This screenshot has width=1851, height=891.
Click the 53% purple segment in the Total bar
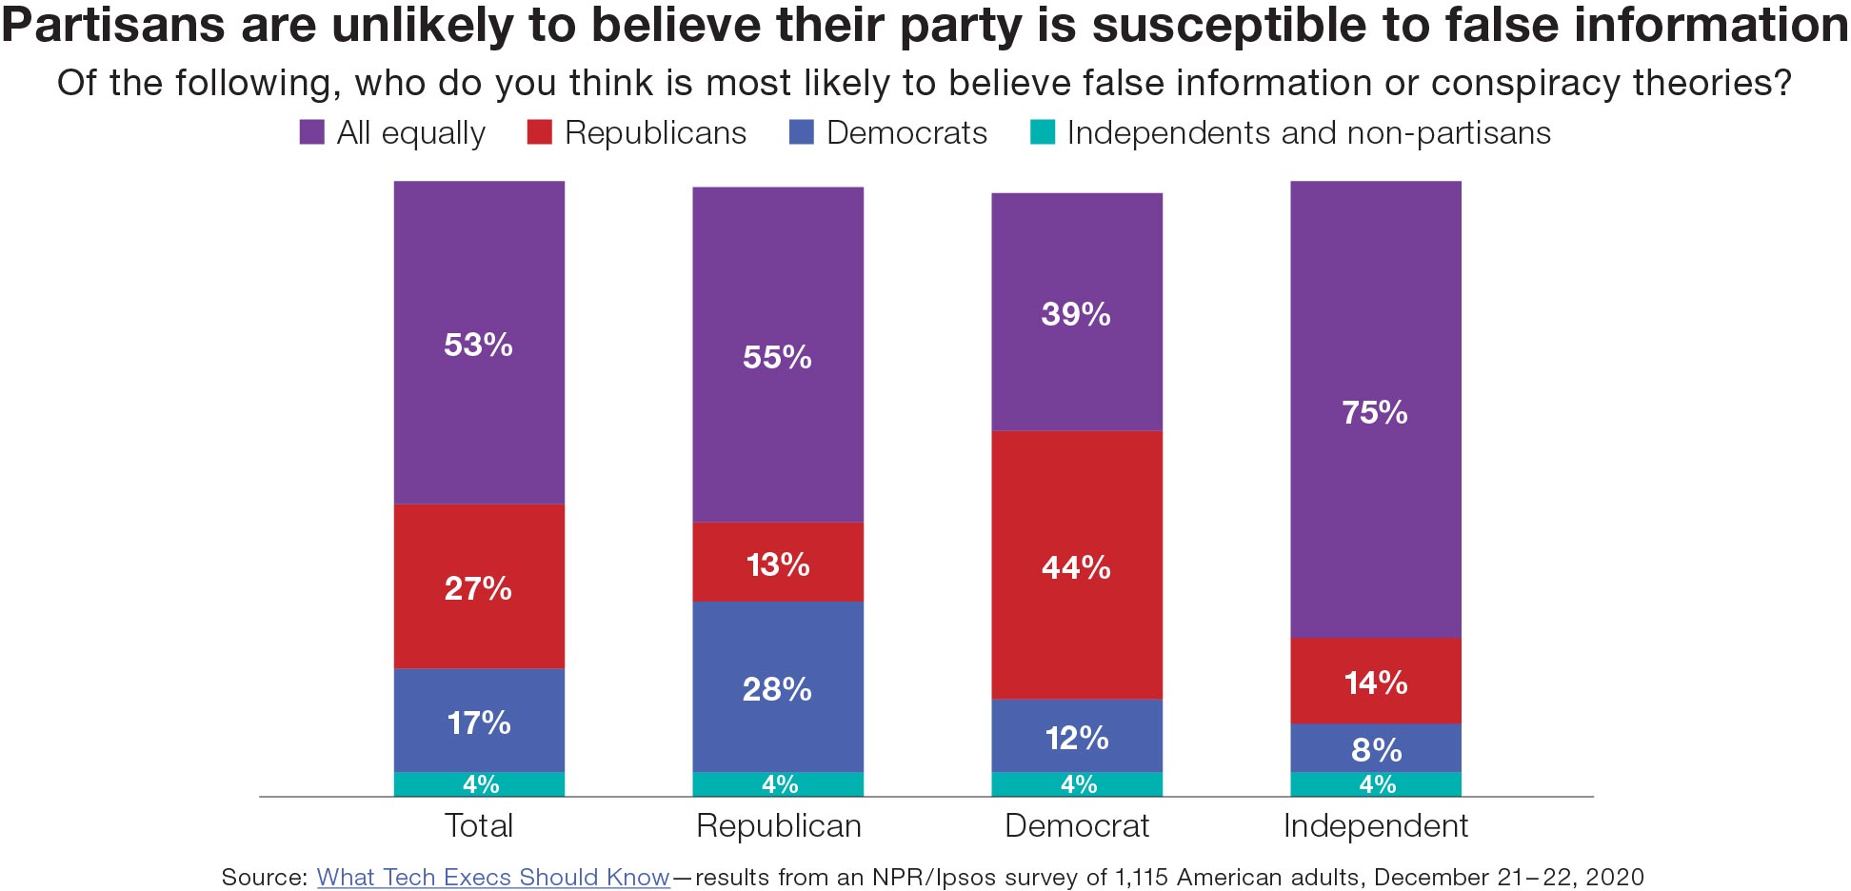479,343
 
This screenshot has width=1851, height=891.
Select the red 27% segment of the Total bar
479,586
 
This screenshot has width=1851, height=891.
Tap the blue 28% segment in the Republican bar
777,687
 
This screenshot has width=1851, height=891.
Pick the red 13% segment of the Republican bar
777,563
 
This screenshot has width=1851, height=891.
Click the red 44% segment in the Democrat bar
1076,565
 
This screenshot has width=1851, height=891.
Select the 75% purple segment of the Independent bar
1375,410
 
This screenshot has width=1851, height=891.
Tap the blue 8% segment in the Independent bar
1375,748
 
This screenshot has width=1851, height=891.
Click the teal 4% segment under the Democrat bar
1077,784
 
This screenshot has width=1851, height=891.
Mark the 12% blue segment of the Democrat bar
1076,736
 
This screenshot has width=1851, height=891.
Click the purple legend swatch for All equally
311,132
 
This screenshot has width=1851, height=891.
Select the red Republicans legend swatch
539,132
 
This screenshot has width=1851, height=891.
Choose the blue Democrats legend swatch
802,132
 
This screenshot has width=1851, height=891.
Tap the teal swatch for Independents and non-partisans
1043,132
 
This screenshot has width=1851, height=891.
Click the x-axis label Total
479,825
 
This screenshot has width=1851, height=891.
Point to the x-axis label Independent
1375,825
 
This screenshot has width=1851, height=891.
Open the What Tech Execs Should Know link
493,877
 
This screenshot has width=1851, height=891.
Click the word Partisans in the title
113,26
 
